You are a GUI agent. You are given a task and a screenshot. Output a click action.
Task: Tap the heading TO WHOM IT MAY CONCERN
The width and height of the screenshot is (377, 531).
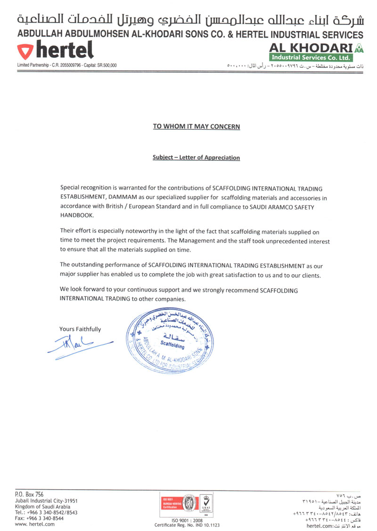point(197,127)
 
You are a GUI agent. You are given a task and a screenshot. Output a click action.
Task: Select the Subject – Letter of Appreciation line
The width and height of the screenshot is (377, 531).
point(196,158)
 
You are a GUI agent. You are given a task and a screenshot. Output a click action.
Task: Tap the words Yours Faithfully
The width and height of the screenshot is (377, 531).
point(80,329)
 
